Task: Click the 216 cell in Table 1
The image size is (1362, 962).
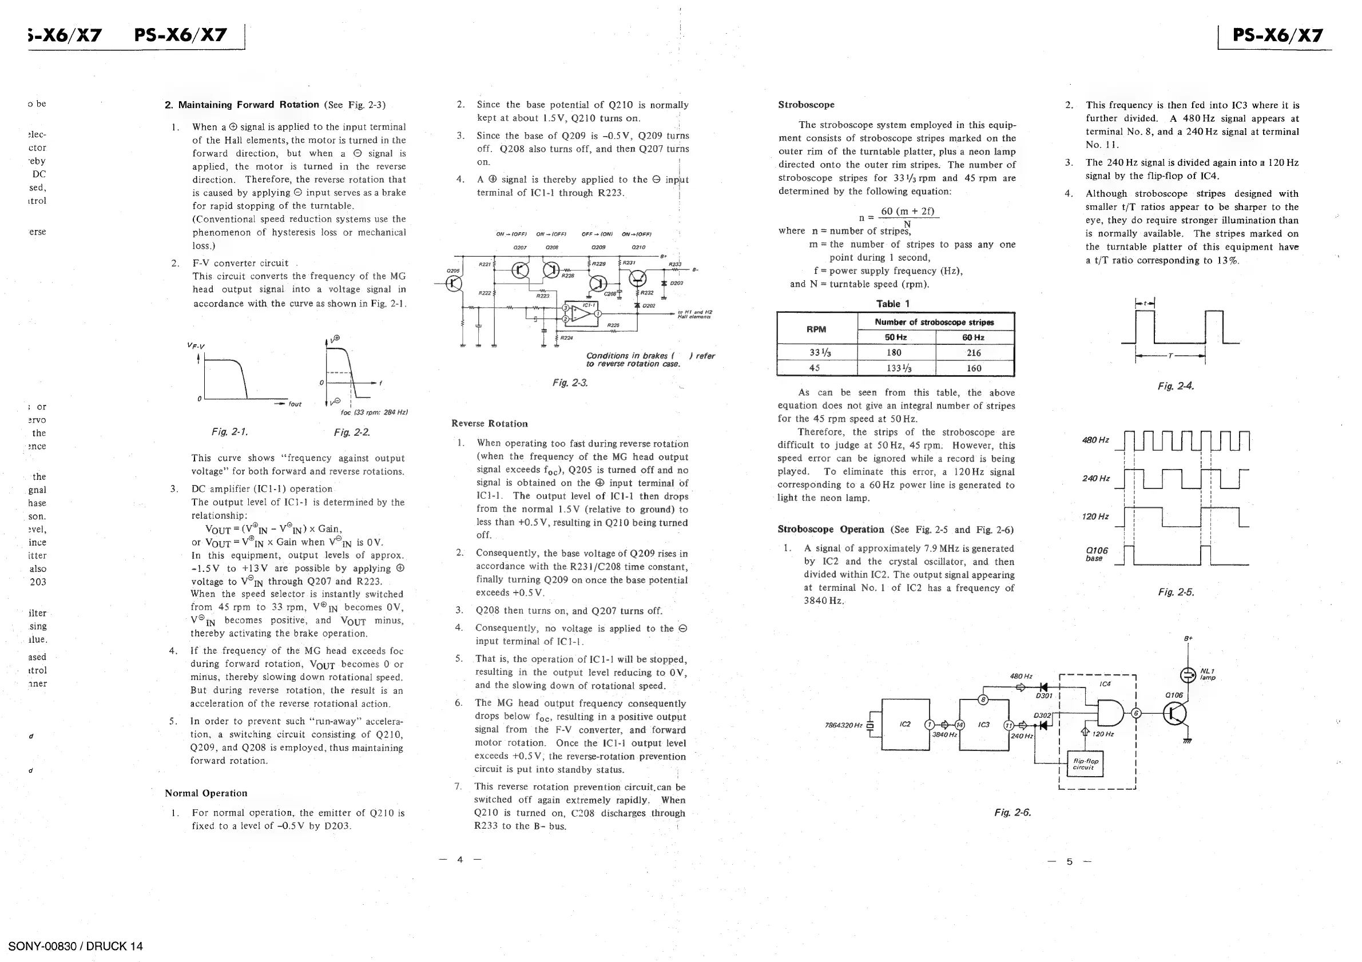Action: point(974,353)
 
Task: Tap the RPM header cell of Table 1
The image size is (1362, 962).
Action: point(816,329)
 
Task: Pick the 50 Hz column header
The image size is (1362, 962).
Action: point(896,337)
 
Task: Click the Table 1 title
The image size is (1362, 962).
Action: point(893,304)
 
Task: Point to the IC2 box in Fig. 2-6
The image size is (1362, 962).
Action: point(905,724)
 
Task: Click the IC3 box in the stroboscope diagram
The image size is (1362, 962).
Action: point(983,724)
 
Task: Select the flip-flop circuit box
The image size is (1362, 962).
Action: point(1086,764)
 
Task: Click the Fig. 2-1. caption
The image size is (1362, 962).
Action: point(229,432)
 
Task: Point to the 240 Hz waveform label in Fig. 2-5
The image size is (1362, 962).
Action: point(1095,478)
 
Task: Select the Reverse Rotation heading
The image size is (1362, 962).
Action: point(490,423)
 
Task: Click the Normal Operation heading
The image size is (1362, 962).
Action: point(206,793)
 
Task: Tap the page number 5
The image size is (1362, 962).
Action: point(1070,861)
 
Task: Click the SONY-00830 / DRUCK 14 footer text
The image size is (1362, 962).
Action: point(76,946)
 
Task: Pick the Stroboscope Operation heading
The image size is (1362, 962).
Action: point(831,530)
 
